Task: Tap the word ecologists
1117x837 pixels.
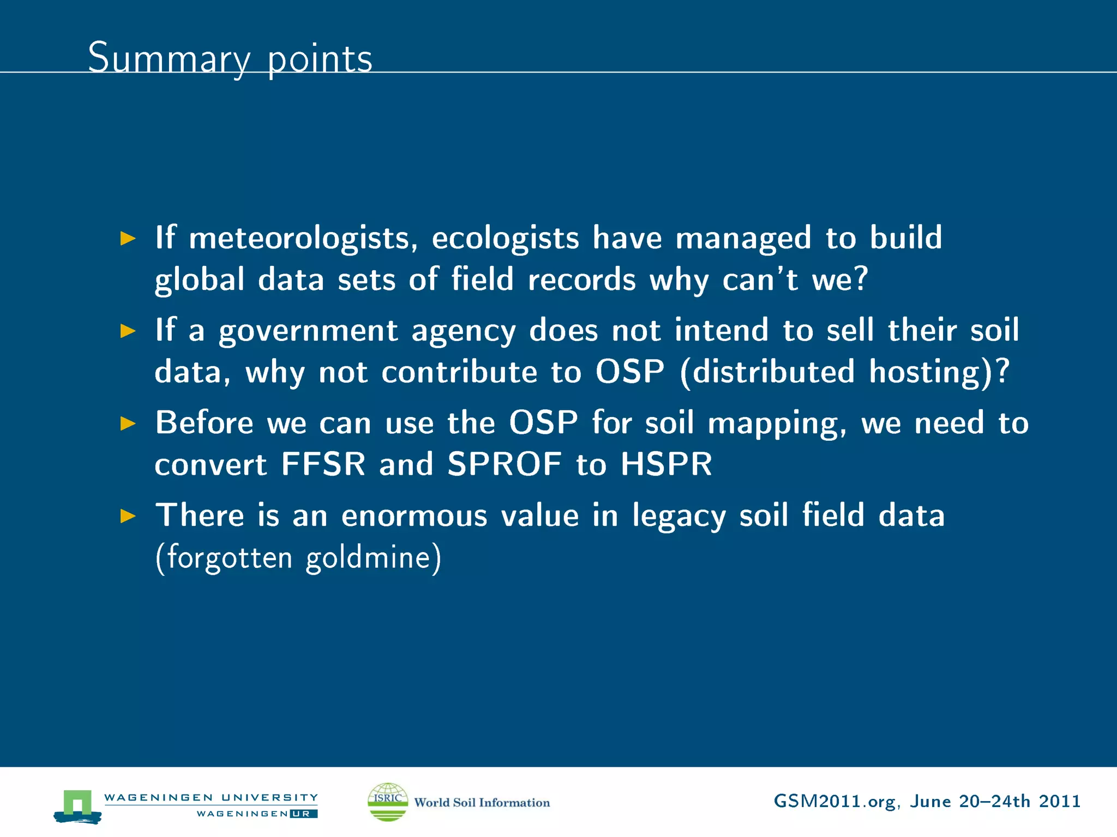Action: [x=505, y=239]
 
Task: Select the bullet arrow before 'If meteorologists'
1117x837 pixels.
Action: [x=128, y=238]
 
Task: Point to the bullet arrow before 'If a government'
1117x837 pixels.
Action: [x=128, y=331]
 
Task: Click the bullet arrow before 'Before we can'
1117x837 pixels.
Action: [x=128, y=423]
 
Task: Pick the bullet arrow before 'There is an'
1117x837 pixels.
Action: [x=128, y=515]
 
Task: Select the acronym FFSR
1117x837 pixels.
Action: [x=323, y=464]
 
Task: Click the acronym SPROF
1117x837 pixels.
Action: [x=505, y=464]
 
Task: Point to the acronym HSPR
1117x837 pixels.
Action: [x=666, y=464]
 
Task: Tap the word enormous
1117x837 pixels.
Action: [x=414, y=515]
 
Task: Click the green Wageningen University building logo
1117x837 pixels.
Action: [x=77, y=805]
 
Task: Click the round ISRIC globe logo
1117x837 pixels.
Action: [x=388, y=802]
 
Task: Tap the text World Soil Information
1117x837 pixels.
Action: [x=482, y=803]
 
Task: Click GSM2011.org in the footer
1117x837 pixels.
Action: [x=834, y=802]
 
